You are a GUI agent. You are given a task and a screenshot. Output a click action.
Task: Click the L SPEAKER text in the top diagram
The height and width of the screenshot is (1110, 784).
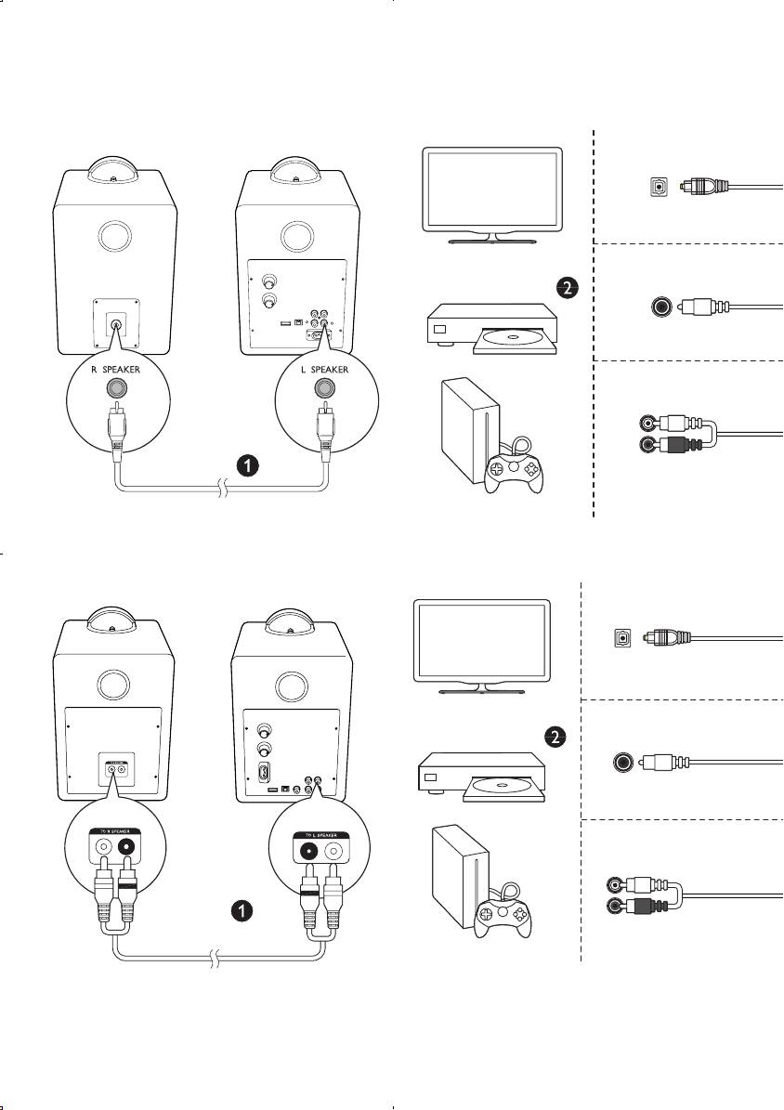coord(324,369)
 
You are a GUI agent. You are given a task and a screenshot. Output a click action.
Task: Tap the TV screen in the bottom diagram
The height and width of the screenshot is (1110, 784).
coord(479,641)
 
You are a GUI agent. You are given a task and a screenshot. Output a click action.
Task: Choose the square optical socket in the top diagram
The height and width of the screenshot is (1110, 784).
coord(658,186)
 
